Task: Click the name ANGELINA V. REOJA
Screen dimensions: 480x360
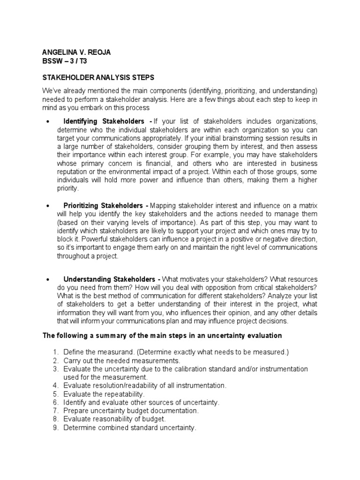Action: pos(76,52)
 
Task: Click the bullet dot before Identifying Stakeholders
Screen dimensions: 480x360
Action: pos(48,122)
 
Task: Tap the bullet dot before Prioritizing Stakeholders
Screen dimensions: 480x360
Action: pos(48,206)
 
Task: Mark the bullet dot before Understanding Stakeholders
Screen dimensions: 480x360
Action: pos(48,279)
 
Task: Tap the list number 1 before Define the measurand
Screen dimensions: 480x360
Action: pos(55,352)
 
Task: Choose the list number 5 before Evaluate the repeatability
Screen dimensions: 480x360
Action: pos(55,394)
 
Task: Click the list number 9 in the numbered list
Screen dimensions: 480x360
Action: pos(55,427)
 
